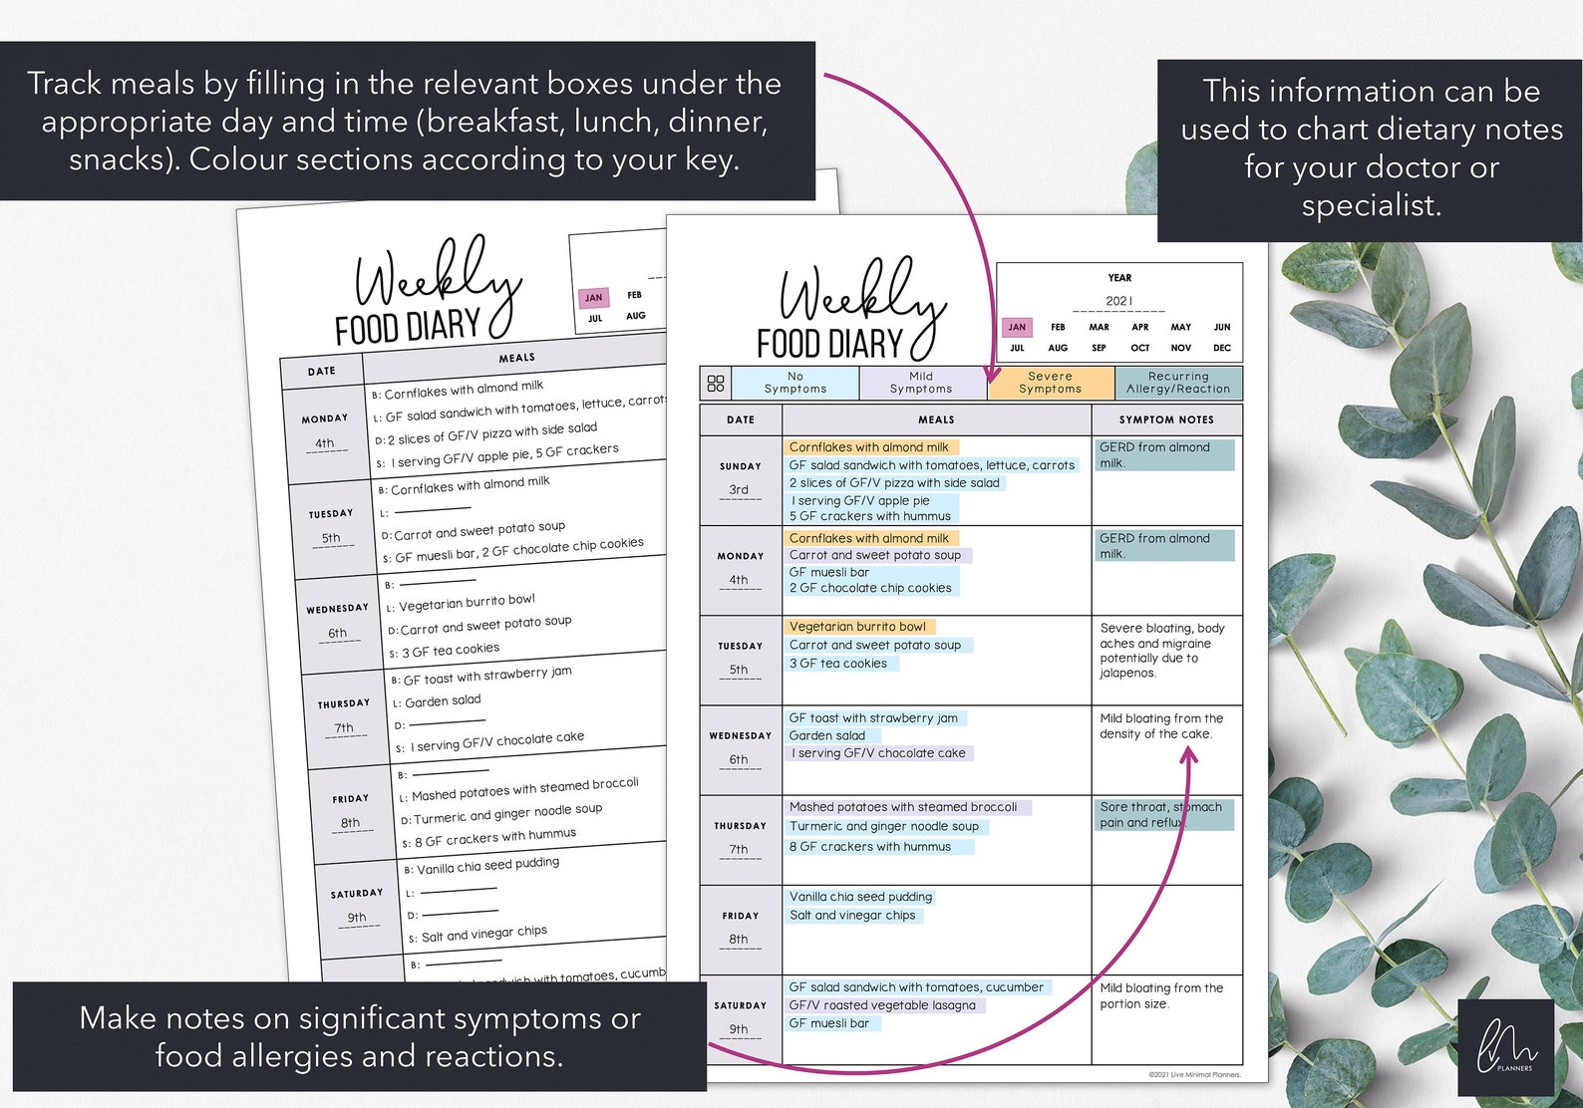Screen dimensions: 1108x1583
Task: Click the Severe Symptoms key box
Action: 1050,383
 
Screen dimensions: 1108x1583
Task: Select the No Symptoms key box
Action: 794,383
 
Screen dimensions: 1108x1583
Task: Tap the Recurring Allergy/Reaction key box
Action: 1178,383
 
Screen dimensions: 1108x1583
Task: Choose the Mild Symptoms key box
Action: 921,383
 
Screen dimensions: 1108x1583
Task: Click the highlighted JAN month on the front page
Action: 1017,327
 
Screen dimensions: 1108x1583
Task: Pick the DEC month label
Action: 1222,348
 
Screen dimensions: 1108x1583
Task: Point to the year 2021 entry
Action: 1118,301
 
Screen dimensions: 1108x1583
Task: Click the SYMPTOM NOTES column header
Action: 1166,419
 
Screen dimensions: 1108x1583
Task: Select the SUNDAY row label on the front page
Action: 741,466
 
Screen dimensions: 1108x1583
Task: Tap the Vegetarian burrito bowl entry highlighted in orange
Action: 857,627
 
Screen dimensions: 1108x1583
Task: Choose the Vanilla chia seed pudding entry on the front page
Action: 860,897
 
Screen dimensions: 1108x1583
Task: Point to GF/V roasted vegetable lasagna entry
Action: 882,1005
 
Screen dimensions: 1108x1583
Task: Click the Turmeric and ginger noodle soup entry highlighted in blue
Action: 884,826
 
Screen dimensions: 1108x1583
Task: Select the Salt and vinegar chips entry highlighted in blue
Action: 852,915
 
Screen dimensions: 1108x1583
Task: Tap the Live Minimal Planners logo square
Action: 1505,1047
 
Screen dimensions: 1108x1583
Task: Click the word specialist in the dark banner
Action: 1371,206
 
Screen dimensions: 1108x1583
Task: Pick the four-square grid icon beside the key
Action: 716,384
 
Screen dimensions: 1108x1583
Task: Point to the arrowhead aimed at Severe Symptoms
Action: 993,376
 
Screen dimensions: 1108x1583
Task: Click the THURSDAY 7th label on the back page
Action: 344,716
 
